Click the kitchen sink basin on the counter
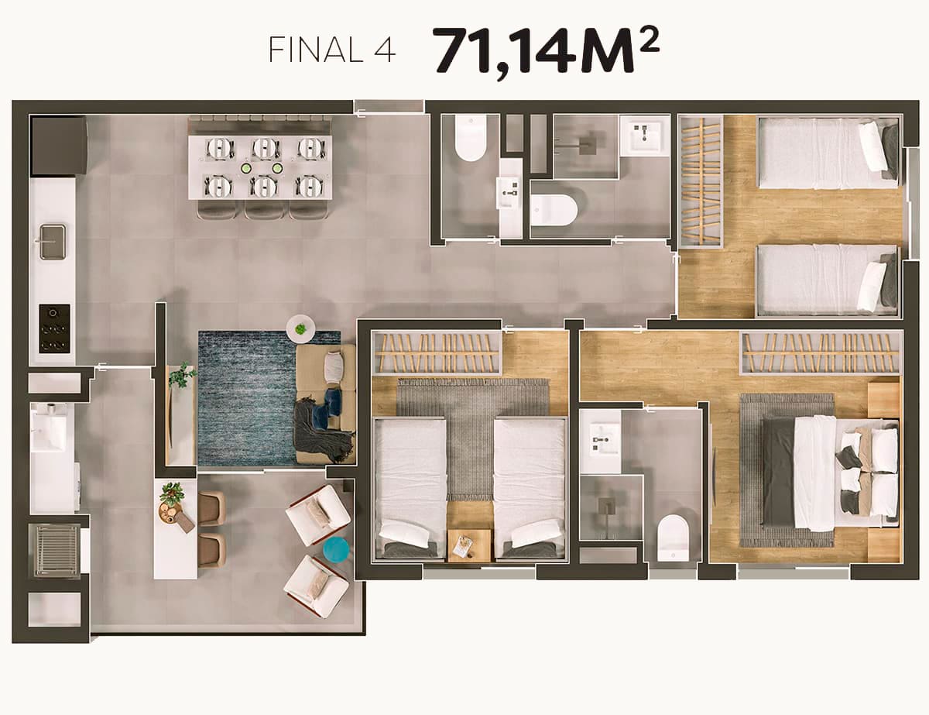coord(53,242)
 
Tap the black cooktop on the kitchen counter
coord(54,328)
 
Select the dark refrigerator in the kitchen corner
coord(59,146)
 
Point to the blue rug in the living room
coord(248,398)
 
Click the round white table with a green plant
coord(301,328)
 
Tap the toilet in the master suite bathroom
coord(674,538)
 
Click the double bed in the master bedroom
coord(829,473)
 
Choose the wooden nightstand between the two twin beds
coord(469,545)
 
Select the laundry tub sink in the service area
coord(48,427)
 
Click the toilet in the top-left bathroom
coord(471,138)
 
